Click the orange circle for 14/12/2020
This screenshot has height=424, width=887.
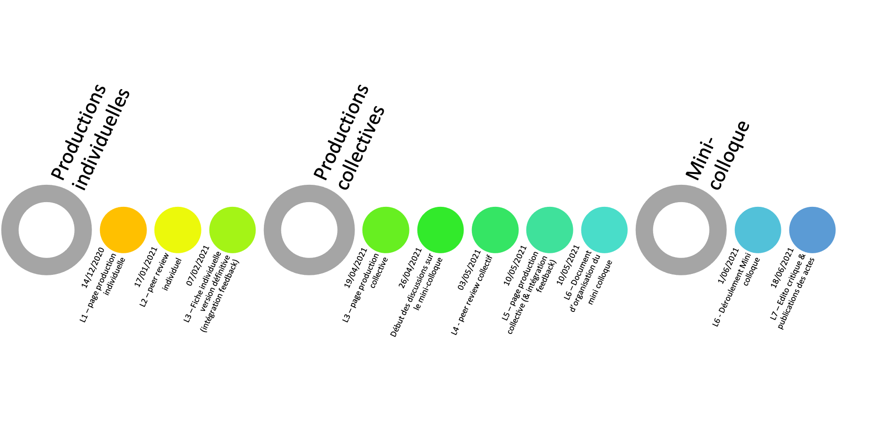pyautogui.click(x=123, y=230)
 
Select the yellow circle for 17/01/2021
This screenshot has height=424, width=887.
pyautogui.click(x=177, y=230)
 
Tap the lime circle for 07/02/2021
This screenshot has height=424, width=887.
pyautogui.click(x=232, y=230)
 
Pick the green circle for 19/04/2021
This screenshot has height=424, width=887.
pyautogui.click(x=386, y=230)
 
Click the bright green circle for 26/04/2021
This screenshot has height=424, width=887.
pyautogui.click(x=440, y=230)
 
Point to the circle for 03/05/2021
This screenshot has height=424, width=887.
pyautogui.click(x=495, y=230)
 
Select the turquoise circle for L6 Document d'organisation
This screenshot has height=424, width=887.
pyautogui.click(x=604, y=230)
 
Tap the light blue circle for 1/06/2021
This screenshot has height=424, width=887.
pyautogui.click(x=758, y=230)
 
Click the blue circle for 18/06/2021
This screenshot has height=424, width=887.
pyautogui.click(x=812, y=230)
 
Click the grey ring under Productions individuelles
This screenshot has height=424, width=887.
pyautogui.click(x=10, y=230)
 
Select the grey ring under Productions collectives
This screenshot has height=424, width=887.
pyautogui.click(x=273, y=230)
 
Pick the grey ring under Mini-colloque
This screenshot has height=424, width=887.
pyautogui.click(x=645, y=230)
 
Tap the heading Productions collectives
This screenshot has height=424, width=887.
pyautogui.click(x=349, y=137)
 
